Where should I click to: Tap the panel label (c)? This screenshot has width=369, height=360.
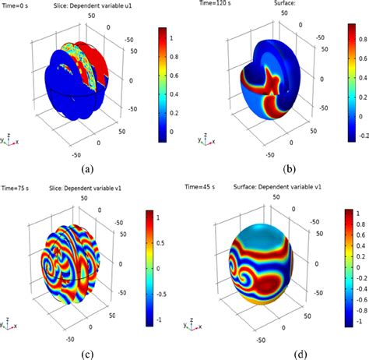[86, 355]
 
